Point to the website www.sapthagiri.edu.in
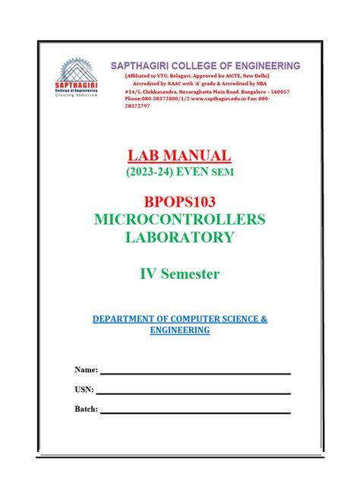coord(216,96)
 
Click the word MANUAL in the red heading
coord(199,155)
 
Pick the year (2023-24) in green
coord(149,173)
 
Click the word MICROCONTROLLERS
coord(179,220)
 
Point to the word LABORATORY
coord(179,238)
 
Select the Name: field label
coord(86,369)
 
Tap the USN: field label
coord(84,390)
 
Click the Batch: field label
coord(87,410)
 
